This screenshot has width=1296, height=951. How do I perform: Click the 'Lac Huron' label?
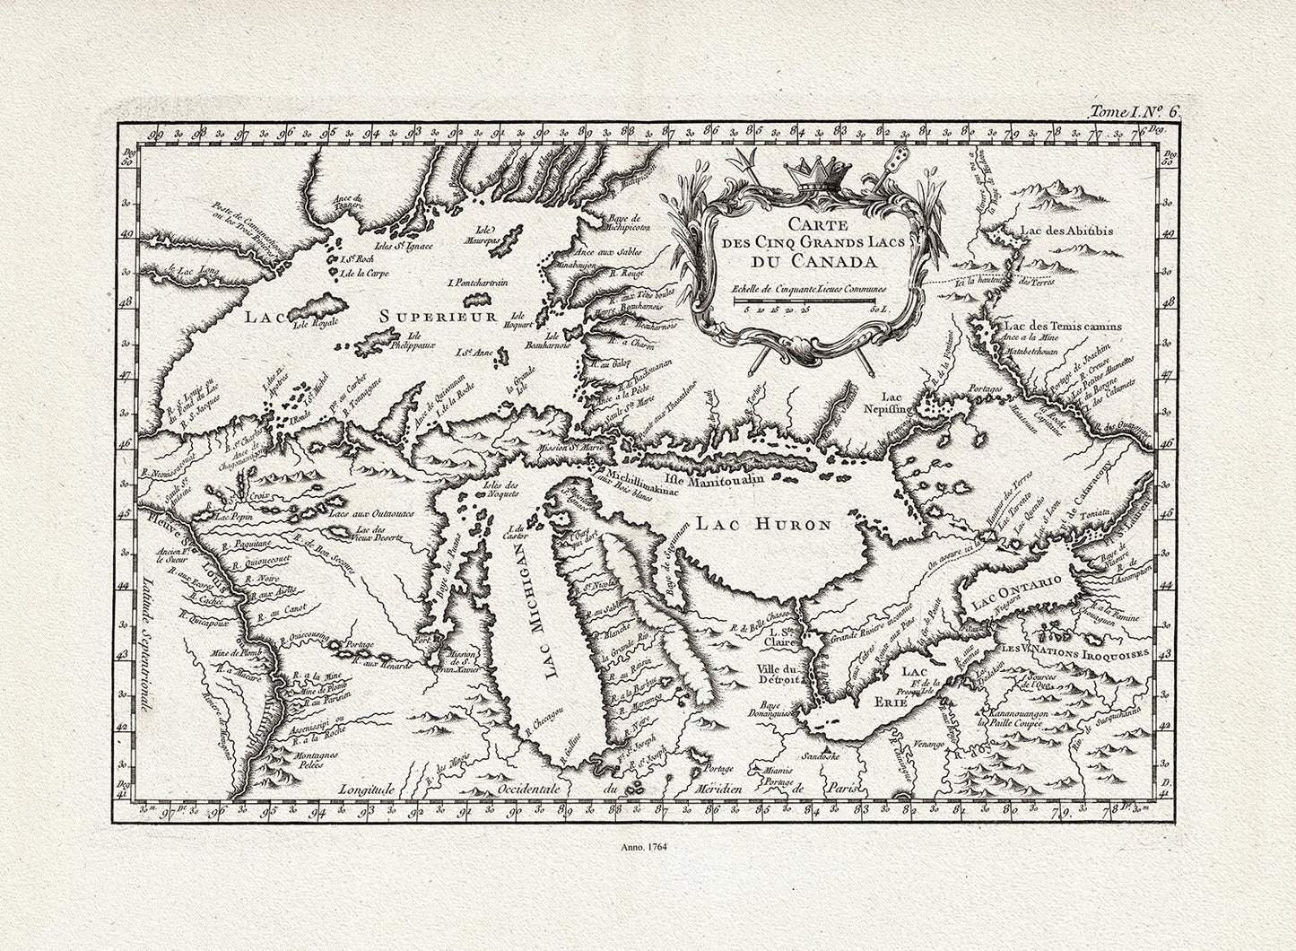[767, 526]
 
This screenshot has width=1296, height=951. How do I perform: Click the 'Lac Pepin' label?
[230, 517]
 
